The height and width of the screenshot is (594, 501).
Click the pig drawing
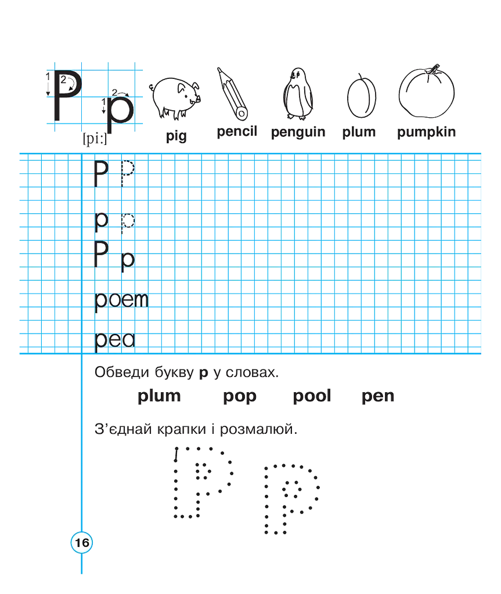175,97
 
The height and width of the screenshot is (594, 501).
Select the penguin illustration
298,94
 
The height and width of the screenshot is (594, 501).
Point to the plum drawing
362,96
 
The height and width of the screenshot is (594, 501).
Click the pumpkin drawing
426,91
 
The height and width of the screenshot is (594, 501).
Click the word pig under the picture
176,136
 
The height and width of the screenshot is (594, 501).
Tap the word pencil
237,131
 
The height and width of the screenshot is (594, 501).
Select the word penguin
298,132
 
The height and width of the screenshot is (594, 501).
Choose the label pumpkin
426,132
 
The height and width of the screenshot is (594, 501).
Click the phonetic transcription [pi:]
95,139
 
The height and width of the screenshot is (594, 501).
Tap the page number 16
82,542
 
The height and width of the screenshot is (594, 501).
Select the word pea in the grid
114,341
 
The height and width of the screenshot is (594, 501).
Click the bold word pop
240,397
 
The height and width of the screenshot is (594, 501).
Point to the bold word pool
312,396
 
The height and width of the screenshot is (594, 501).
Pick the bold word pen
378,397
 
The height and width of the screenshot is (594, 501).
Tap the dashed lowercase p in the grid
128,223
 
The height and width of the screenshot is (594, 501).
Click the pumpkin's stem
432,69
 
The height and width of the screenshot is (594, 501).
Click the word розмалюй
259,429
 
